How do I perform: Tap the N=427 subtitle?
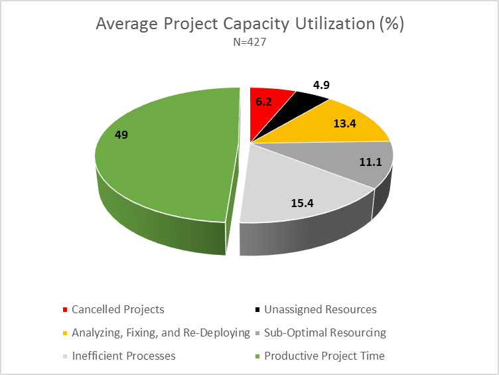pyautogui.click(x=249, y=42)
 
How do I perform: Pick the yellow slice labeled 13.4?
pyautogui.click(x=337, y=125)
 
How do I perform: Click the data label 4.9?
pyautogui.click(x=321, y=85)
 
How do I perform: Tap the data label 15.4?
pyautogui.click(x=303, y=203)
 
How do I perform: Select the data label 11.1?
pyautogui.click(x=370, y=162)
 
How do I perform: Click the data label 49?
pyautogui.click(x=121, y=135)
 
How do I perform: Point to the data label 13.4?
pyautogui.click(x=344, y=123)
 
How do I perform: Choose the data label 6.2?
pyautogui.click(x=263, y=102)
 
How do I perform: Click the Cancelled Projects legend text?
pyautogui.click(x=117, y=309)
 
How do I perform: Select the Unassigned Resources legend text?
pyautogui.click(x=321, y=309)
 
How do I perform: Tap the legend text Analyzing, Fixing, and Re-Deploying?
pyautogui.click(x=161, y=333)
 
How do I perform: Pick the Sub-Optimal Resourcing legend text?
pyautogui.click(x=325, y=333)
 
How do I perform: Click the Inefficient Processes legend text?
pyautogui.click(x=124, y=356)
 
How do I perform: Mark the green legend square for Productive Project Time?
pyautogui.click(x=257, y=356)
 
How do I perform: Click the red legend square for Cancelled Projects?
pyautogui.click(x=65, y=310)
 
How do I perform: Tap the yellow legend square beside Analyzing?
pyautogui.click(x=65, y=333)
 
